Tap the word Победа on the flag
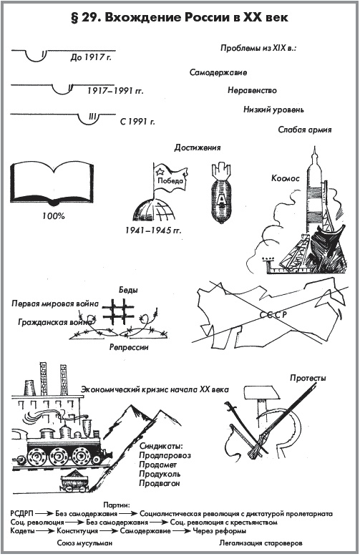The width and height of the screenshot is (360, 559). tap(170, 180)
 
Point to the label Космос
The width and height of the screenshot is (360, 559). tap(286, 178)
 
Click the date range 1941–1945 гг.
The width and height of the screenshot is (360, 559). tap(153, 230)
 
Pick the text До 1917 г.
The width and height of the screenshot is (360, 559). tap(90, 57)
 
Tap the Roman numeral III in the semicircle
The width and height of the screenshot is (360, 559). tap(92, 117)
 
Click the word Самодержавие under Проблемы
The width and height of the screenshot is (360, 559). tap(218, 72)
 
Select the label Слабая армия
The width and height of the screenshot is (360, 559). tap(305, 130)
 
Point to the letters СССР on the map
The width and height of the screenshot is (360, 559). tap(273, 315)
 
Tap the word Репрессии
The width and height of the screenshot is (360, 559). tap(129, 346)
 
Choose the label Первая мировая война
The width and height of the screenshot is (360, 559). tap(55, 303)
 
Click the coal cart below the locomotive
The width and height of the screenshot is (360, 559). tap(74, 481)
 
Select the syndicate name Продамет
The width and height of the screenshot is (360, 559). tap(157, 465)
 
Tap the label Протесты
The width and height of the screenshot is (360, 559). tap(308, 378)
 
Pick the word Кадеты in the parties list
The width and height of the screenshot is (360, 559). tap(23, 531)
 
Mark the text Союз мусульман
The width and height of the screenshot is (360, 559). tap(85, 543)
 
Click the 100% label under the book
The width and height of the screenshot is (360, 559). tap(54, 215)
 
